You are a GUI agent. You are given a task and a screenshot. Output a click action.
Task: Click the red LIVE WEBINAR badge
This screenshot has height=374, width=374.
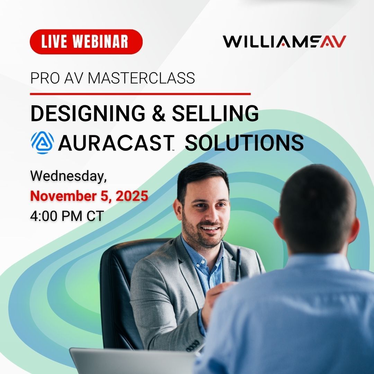click(x=86, y=42)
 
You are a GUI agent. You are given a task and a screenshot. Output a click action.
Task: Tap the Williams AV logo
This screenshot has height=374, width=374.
click(x=284, y=41)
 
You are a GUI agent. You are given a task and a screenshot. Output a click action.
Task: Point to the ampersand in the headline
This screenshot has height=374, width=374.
click(x=159, y=114)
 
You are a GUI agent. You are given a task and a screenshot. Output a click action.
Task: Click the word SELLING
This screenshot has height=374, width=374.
click(x=215, y=113)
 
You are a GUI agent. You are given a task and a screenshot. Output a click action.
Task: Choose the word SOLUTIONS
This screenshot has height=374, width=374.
click(x=244, y=143)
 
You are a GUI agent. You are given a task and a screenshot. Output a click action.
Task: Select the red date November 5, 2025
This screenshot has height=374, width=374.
click(x=89, y=196)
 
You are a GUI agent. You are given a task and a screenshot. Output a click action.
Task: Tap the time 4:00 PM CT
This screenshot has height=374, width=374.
click(x=67, y=216)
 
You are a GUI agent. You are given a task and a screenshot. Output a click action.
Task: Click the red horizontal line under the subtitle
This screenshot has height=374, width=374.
click(x=140, y=93)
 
